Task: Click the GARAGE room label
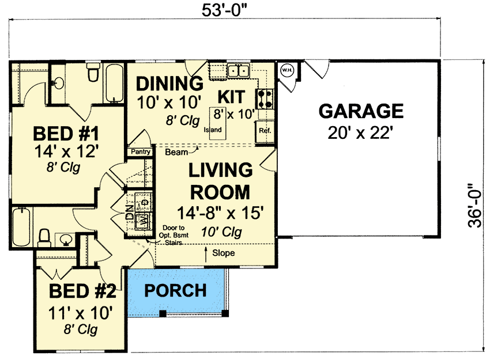pos(361,111)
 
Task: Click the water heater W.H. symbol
pos(287,70)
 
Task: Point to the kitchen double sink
pos(238,71)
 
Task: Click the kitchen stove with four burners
pos(265,98)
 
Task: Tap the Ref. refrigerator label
pos(265,131)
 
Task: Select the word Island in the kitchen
pos(213,130)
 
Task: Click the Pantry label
pos(141,152)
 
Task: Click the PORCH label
pos(175,291)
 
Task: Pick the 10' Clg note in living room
pos(221,232)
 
